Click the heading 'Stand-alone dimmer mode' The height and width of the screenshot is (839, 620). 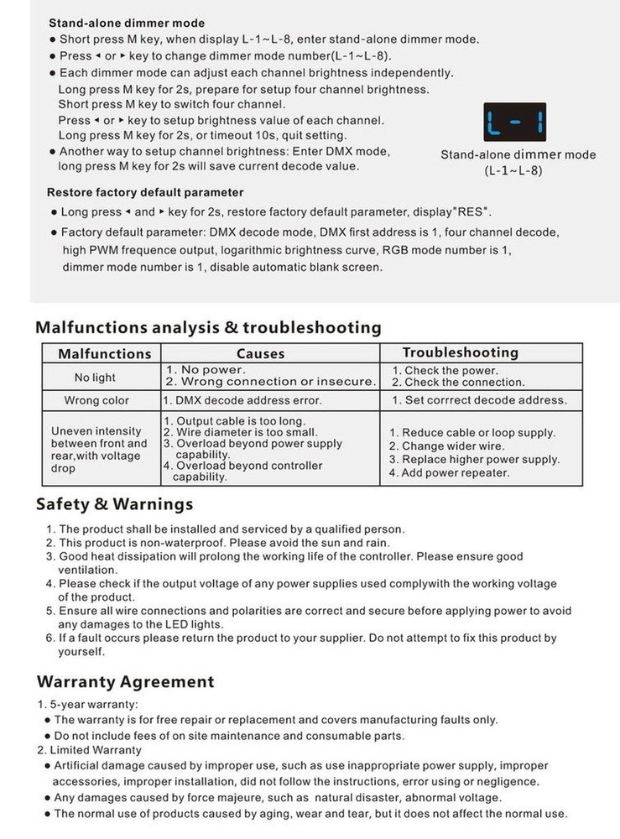[x=126, y=23]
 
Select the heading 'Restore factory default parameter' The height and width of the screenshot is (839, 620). [x=145, y=192]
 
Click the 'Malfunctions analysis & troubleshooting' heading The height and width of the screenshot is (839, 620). [x=208, y=327]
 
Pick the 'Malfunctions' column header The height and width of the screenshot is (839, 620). [x=105, y=353]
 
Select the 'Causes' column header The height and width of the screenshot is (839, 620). [x=260, y=353]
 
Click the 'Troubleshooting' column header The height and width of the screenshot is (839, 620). [x=460, y=352]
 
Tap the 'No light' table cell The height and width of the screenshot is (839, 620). [x=95, y=378]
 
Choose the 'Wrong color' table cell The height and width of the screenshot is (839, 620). [x=96, y=400]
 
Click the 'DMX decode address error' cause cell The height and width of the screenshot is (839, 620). [x=242, y=400]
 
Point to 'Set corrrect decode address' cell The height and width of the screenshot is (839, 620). [x=479, y=400]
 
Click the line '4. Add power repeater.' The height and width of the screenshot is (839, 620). [x=449, y=472]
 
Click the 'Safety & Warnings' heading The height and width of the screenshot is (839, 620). [x=114, y=504]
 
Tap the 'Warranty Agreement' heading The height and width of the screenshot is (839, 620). [x=125, y=681]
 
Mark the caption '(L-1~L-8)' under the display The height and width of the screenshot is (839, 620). [x=513, y=170]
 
